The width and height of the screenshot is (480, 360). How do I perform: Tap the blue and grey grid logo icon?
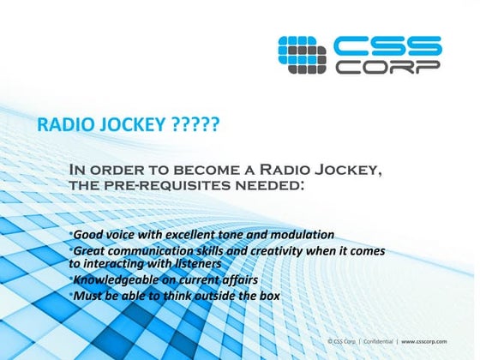(x=304, y=53)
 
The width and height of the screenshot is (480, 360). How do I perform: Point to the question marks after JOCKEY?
(x=195, y=126)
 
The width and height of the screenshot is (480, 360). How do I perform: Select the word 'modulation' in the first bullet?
(x=299, y=235)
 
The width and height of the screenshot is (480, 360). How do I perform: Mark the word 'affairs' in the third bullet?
(x=236, y=280)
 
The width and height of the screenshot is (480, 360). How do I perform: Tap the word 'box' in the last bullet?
(x=268, y=296)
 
